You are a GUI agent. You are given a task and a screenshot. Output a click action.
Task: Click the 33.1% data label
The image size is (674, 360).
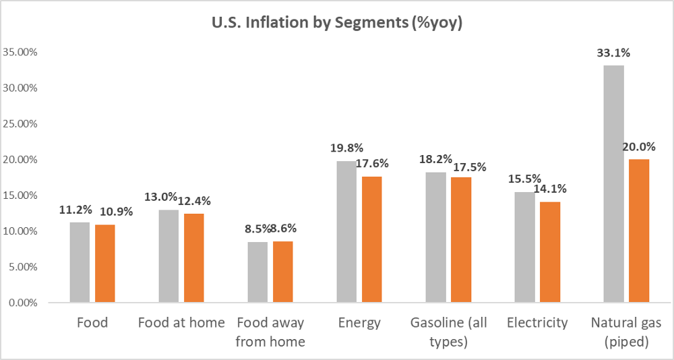613,55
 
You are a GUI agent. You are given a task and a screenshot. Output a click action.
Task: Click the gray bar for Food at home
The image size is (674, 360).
168,256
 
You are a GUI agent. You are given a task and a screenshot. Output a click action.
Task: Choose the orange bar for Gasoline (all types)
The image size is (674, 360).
461,239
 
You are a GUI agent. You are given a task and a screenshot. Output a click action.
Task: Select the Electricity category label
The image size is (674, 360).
537,323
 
